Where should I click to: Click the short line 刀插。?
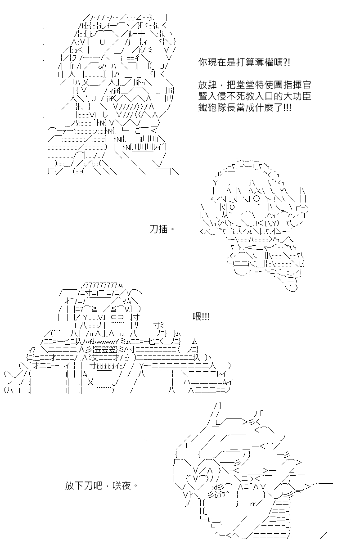162,229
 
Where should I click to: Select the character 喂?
197,316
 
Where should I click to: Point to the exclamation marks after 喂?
206,316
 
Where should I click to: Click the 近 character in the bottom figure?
218,495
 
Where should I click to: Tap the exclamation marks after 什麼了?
287,107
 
